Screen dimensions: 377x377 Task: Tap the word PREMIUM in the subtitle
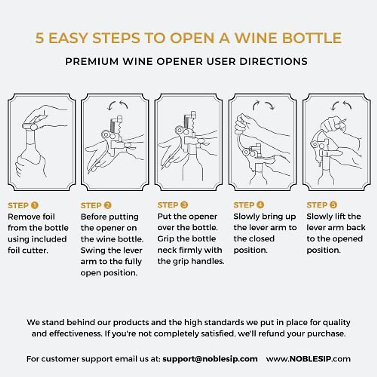tap(92, 61)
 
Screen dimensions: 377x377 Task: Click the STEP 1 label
tap(23, 205)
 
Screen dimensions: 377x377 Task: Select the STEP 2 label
tap(96, 205)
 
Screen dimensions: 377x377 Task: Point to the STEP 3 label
tap(172, 205)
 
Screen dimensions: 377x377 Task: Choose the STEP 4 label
tap(249, 205)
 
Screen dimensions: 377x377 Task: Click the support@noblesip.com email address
tap(210, 359)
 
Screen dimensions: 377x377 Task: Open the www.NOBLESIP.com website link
tap(308, 359)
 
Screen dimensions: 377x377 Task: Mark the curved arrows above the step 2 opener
tap(117, 105)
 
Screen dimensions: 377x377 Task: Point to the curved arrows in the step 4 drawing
tap(263, 105)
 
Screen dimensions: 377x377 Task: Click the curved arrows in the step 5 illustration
tap(341, 105)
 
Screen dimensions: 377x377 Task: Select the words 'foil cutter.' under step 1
tap(28, 250)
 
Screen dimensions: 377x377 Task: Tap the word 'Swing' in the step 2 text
tap(93, 250)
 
